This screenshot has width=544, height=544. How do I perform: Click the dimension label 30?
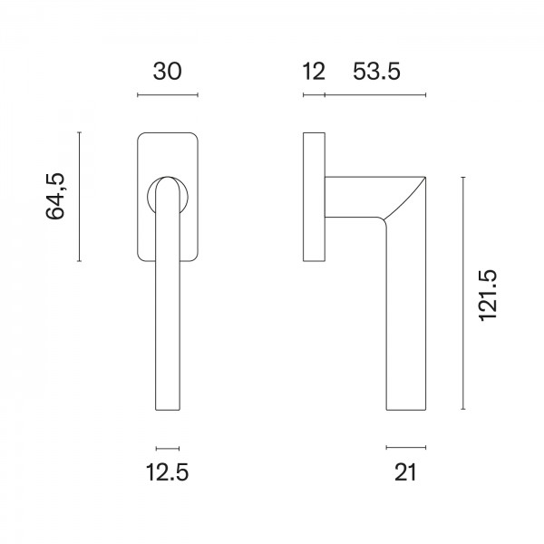click(x=168, y=72)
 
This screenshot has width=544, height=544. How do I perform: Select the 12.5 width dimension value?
click(x=168, y=472)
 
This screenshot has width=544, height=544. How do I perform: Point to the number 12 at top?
click(x=313, y=72)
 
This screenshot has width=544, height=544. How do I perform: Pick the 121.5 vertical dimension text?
click(x=488, y=295)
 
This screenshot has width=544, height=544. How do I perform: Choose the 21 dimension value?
click(x=405, y=472)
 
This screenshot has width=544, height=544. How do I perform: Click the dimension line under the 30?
click(x=168, y=94)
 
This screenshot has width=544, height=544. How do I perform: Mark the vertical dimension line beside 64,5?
click(x=81, y=197)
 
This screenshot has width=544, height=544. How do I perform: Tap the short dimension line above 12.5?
click(x=168, y=448)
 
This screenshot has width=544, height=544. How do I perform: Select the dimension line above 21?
click(x=405, y=448)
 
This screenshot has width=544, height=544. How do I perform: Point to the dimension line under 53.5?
click(x=375, y=94)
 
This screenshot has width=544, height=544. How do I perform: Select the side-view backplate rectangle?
click(x=314, y=197)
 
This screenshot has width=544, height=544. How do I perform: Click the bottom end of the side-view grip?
click(x=405, y=408)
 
